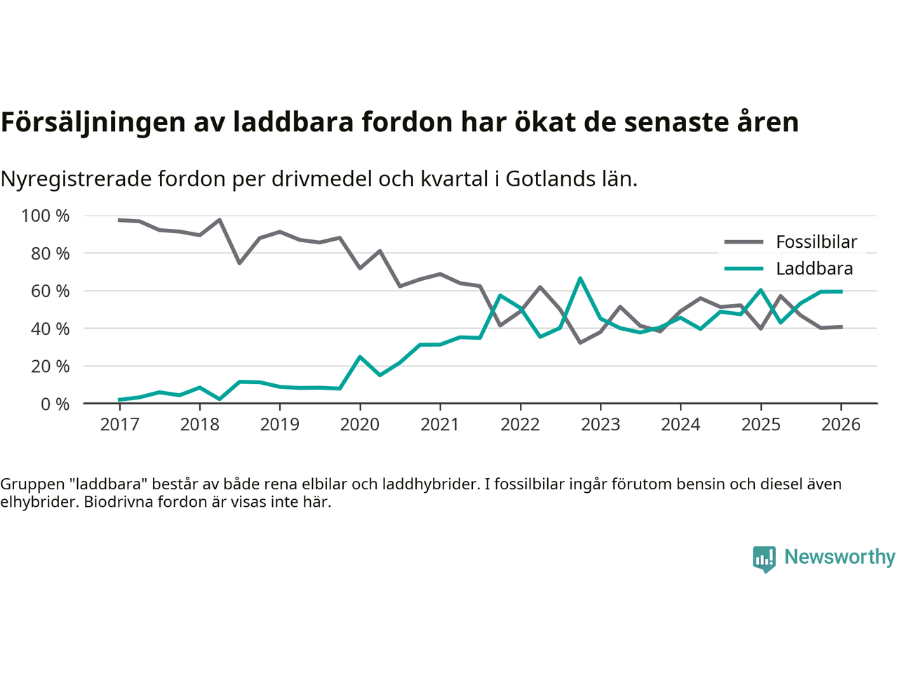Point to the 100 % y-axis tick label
click(46, 216)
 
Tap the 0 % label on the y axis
click(55, 404)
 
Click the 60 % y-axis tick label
click(50, 291)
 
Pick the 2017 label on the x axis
click(119, 425)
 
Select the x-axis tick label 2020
click(360, 425)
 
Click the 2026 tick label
click(840, 425)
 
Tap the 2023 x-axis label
click(601, 425)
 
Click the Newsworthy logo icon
click(764, 559)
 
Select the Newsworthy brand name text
click(839, 557)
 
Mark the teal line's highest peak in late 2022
click(580, 279)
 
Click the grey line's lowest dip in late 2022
click(580, 342)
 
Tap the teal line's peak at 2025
click(760, 290)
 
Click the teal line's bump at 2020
click(360, 357)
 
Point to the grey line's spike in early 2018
click(220, 220)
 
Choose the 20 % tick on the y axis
click(50, 366)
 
